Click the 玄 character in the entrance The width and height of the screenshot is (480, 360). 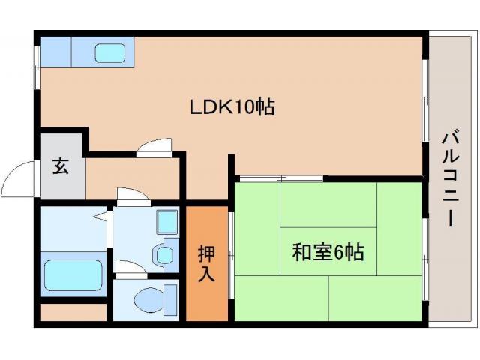60,167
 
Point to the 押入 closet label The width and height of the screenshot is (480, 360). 206,262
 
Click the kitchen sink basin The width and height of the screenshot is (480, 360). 111,53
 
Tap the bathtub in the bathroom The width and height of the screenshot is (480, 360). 73,274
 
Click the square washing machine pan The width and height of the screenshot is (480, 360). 165,222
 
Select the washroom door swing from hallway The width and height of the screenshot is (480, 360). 132,196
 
